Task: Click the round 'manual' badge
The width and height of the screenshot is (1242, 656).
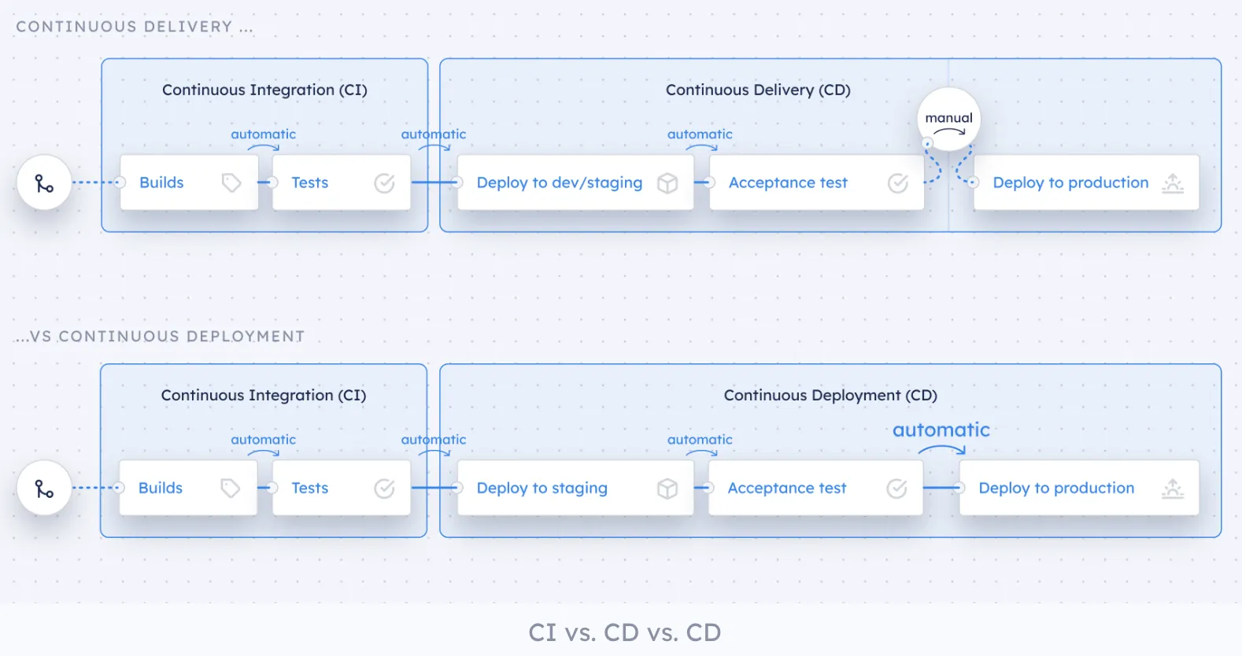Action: (948, 120)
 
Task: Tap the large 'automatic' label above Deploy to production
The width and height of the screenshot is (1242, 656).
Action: (941, 430)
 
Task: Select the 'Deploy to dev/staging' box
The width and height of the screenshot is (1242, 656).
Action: (575, 182)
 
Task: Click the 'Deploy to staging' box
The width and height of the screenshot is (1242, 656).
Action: (575, 488)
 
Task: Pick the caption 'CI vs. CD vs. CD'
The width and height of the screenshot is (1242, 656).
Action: (624, 632)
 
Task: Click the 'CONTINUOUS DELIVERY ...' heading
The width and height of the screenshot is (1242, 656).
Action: (135, 27)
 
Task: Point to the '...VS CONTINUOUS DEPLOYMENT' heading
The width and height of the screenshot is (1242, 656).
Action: (160, 337)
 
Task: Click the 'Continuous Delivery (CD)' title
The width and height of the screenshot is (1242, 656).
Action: (758, 90)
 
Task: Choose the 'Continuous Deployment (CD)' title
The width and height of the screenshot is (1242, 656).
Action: (830, 396)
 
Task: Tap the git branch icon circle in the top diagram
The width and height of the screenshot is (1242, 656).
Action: (45, 183)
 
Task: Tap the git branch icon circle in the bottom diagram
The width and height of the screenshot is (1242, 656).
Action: (45, 488)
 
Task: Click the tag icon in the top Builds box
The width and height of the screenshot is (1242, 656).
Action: (231, 183)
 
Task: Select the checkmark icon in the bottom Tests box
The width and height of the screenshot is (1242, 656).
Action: (384, 488)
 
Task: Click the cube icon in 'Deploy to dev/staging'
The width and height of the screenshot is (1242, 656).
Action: (667, 183)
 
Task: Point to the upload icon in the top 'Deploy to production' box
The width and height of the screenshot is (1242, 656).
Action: (1173, 183)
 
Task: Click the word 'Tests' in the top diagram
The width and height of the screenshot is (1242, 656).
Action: (309, 182)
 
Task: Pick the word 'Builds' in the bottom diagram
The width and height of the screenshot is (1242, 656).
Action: (161, 488)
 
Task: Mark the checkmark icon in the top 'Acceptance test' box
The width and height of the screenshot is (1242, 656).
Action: (898, 183)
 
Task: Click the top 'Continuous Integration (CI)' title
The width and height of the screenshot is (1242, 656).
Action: (264, 90)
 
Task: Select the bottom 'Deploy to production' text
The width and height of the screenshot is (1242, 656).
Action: (1056, 488)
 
